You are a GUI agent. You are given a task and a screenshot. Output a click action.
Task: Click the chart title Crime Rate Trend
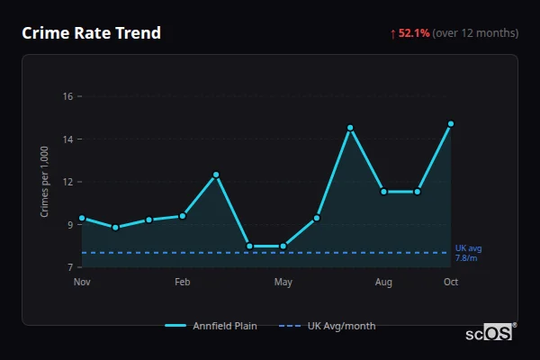point(91,33)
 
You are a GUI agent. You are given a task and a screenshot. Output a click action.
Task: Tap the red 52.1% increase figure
point(414,33)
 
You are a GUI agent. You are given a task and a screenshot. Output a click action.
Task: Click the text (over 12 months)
point(475,33)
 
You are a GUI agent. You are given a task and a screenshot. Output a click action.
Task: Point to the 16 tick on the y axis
point(67,95)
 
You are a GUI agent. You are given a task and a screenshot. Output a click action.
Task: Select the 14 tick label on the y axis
point(67,139)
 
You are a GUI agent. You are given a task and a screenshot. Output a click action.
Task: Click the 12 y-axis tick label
point(67,182)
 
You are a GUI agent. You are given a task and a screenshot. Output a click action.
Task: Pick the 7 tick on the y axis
point(70,267)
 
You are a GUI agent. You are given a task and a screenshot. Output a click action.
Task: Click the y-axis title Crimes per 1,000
point(44,182)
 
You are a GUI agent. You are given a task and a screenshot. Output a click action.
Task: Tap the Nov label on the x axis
point(82,283)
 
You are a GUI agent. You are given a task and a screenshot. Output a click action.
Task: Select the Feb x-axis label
point(183,283)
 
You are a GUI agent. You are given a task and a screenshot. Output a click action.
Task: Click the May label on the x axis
point(283,283)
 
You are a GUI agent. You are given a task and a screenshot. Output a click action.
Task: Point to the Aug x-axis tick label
point(383,283)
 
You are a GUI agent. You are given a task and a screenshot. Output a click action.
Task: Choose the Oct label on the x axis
point(451,283)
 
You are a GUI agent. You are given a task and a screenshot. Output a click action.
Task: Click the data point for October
point(451,123)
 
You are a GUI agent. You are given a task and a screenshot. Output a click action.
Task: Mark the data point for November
point(82,218)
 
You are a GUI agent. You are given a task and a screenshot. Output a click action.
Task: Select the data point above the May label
point(283,246)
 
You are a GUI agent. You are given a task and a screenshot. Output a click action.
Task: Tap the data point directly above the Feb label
point(183,216)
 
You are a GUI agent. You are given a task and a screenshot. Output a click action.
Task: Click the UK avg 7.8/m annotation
point(468,253)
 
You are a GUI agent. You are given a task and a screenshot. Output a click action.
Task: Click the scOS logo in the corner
point(490,333)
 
